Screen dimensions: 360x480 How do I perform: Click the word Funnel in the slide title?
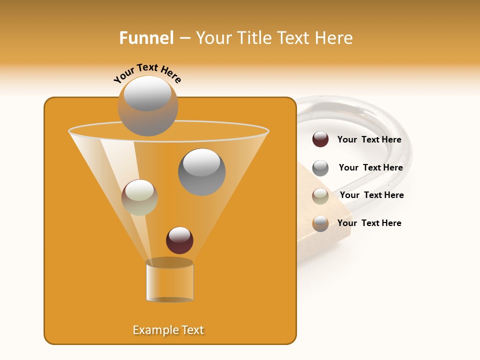pyautogui.click(x=146, y=38)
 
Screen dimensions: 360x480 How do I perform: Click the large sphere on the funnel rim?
pyautogui.click(x=147, y=105)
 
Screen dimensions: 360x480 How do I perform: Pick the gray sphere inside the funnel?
pyautogui.click(x=201, y=171)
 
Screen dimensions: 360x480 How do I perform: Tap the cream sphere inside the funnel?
pyautogui.click(x=139, y=197)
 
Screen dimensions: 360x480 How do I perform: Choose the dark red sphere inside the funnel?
pyautogui.click(x=179, y=240)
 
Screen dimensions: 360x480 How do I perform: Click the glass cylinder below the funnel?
pyautogui.click(x=169, y=281)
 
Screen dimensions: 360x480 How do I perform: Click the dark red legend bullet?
pyautogui.click(x=320, y=139)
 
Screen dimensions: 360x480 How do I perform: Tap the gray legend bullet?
pyautogui.click(x=320, y=168)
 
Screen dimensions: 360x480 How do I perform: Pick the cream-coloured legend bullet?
pyautogui.click(x=320, y=196)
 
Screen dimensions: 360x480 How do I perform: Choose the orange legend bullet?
pyautogui.click(x=320, y=223)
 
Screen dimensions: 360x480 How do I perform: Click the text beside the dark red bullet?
pyautogui.click(x=369, y=140)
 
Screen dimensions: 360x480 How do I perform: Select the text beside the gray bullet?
pyautogui.click(x=370, y=167)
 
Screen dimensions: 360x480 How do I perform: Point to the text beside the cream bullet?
pyautogui.click(x=371, y=195)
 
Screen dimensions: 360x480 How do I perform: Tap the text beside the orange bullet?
pyautogui.click(x=369, y=223)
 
